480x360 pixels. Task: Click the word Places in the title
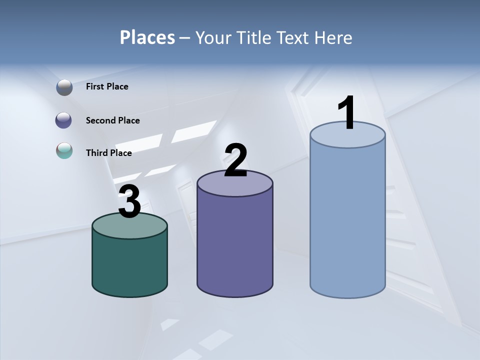pyautogui.click(x=147, y=37)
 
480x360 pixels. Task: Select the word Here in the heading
pyautogui.click(x=333, y=37)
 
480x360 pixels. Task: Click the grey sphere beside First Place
pyautogui.click(x=64, y=87)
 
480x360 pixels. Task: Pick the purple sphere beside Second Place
pyautogui.click(x=64, y=120)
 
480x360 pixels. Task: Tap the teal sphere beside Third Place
pyautogui.click(x=64, y=151)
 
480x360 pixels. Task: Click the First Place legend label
pyautogui.click(x=107, y=86)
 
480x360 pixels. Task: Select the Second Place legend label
pyautogui.click(x=112, y=120)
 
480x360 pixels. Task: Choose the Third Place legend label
pyautogui.click(x=108, y=153)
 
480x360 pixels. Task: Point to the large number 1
pyautogui.click(x=346, y=113)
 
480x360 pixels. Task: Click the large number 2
pyautogui.click(x=235, y=160)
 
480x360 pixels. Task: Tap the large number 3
pyautogui.click(x=129, y=202)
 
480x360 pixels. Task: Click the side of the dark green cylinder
pyautogui.click(x=129, y=265)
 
